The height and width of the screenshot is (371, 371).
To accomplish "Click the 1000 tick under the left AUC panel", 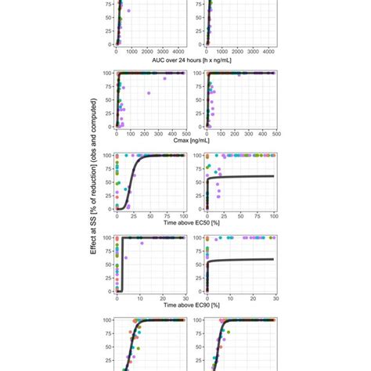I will (133, 51).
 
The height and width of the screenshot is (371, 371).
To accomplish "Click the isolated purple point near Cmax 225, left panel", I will (148, 93).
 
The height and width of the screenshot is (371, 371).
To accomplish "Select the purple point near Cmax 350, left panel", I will (165, 78).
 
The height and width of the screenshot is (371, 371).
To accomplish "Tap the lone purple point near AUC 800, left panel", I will (129, 11).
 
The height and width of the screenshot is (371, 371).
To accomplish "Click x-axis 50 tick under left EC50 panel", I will (151, 215).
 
